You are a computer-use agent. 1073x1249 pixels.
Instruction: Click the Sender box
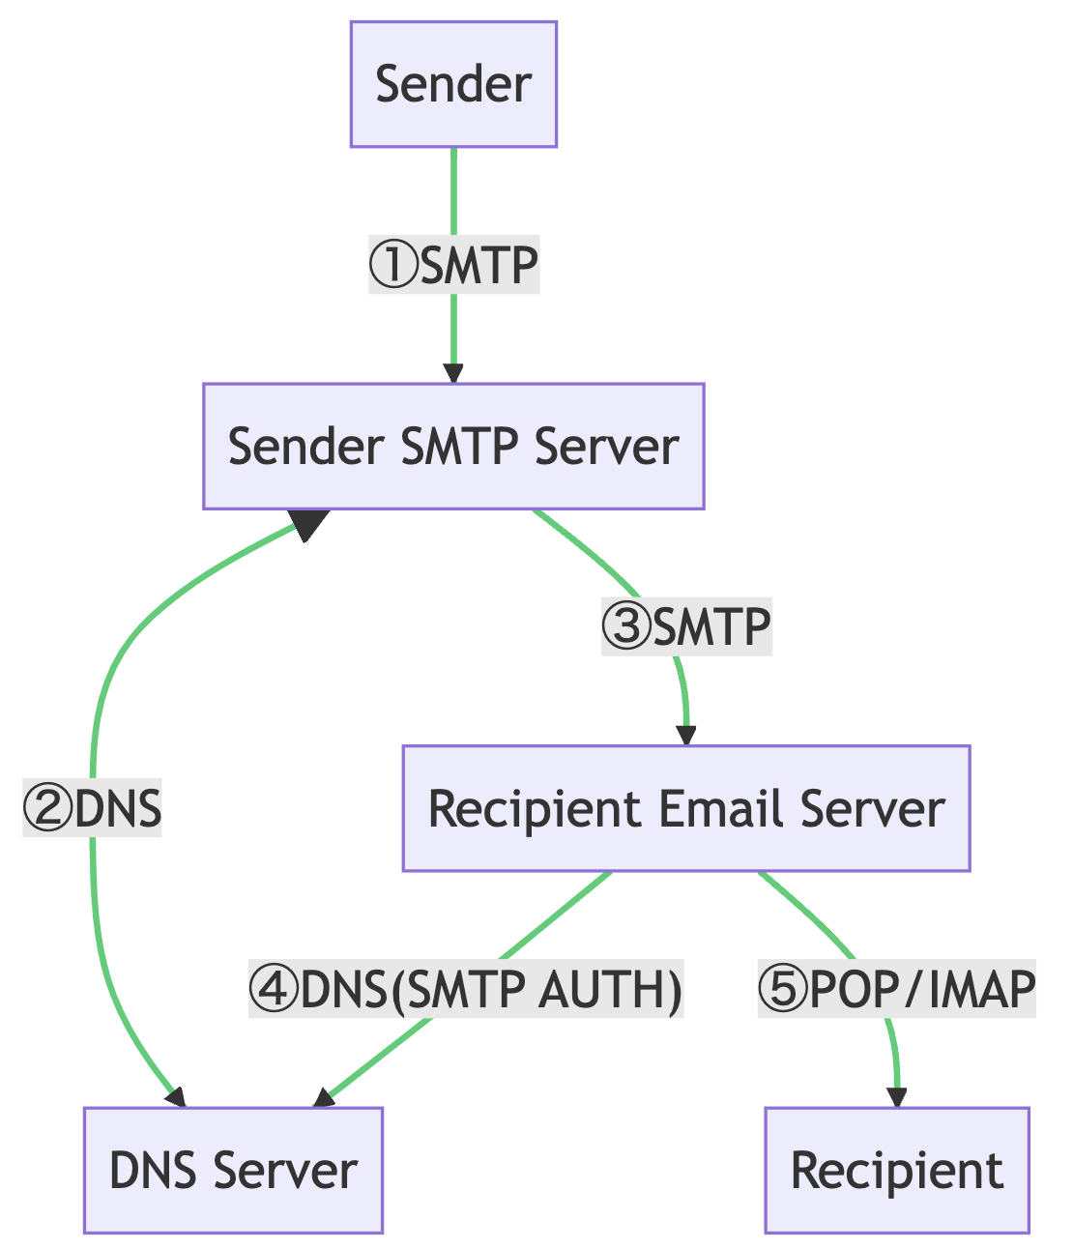(453, 84)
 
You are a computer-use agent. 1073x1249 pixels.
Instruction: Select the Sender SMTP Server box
(453, 446)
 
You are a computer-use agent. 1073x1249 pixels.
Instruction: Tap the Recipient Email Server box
(685, 808)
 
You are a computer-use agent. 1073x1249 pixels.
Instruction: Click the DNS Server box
(233, 1170)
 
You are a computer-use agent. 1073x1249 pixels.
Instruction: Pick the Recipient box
(896, 1170)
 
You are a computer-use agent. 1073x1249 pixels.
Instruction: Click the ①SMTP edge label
(453, 265)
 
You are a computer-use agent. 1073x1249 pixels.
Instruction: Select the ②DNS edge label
(93, 808)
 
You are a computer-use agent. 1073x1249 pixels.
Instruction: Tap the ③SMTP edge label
(685, 627)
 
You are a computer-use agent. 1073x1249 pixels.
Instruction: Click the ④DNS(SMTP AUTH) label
(466, 989)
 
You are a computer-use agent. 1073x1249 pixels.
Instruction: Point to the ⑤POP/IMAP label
(896, 989)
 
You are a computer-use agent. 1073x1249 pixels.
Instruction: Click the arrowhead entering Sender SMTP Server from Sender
(453, 374)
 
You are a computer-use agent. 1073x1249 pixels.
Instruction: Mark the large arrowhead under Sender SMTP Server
(309, 524)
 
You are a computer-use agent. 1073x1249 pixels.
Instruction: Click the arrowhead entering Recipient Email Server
(686, 736)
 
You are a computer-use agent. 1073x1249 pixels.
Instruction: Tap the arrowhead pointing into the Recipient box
(897, 1097)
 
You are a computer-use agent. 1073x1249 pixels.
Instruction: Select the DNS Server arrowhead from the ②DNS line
(175, 1097)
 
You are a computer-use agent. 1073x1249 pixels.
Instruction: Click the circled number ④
(274, 989)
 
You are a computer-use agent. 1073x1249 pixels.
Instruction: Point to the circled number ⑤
(781, 989)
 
